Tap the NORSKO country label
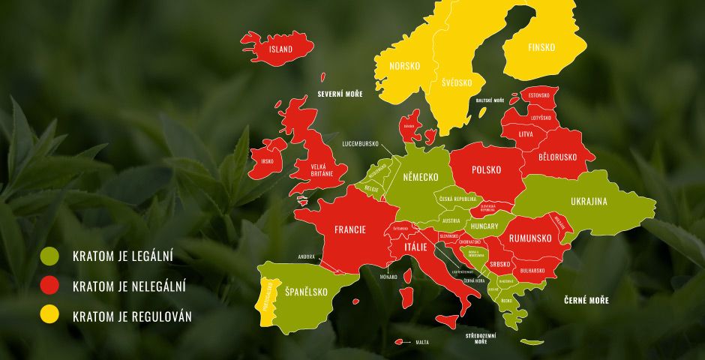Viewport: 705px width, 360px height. click(x=403, y=66)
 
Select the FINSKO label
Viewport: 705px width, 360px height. click(x=541, y=47)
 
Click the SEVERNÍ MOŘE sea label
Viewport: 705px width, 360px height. click(x=340, y=94)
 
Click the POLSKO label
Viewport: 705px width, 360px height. click(x=486, y=170)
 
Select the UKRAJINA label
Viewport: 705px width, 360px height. click(x=589, y=202)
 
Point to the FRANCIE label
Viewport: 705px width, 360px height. click(x=350, y=230)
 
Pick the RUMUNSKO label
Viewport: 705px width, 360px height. click(x=530, y=238)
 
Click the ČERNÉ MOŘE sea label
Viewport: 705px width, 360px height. click(x=586, y=300)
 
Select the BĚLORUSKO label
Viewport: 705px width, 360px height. click(x=557, y=158)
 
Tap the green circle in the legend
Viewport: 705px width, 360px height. click(x=50, y=256)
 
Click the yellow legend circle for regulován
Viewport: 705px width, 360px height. click(x=50, y=316)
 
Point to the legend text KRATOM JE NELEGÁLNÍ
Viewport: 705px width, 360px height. click(x=129, y=286)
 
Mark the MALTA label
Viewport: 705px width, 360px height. click(x=422, y=342)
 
